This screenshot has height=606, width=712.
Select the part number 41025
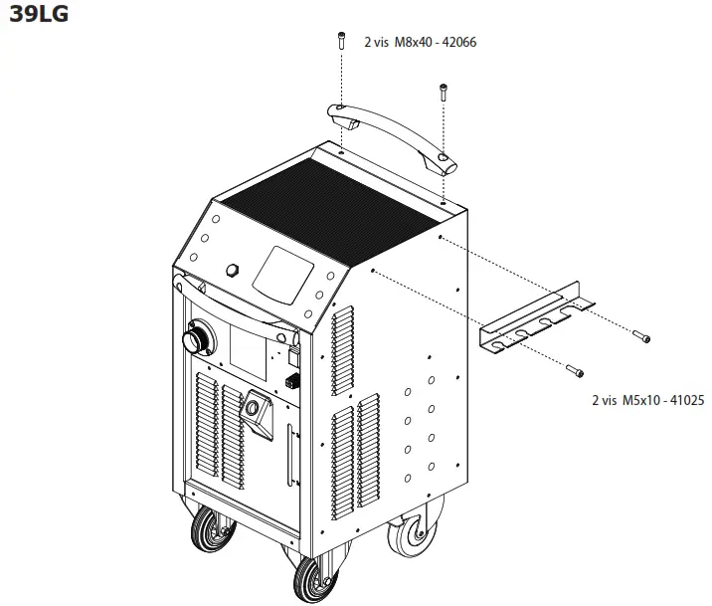click(x=684, y=400)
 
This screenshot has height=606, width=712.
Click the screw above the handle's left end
click(x=340, y=42)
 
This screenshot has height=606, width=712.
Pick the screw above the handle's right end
click(x=442, y=96)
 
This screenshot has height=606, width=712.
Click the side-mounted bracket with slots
click(x=537, y=318)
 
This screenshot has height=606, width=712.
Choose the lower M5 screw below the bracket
click(x=575, y=371)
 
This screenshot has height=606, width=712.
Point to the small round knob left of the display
click(x=236, y=270)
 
